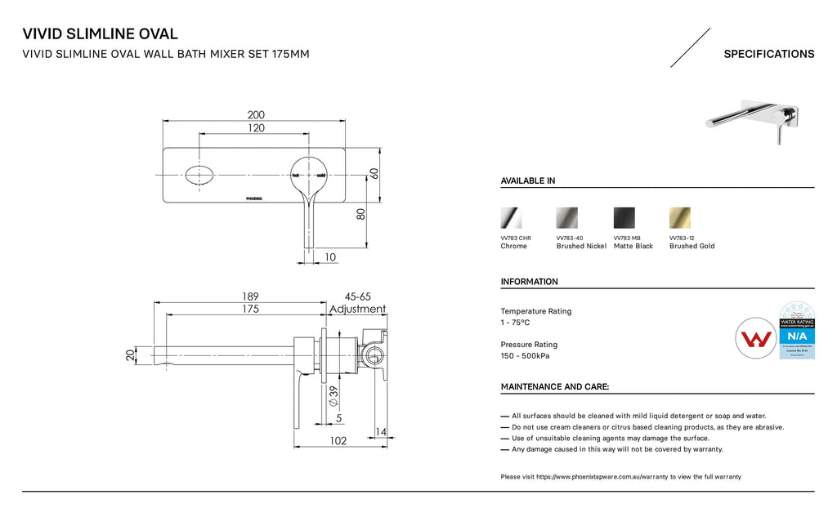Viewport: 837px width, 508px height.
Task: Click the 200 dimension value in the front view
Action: pyautogui.click(x=256, y=114)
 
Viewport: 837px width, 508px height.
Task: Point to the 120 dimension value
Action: pyautogui.click(x=256, y=129)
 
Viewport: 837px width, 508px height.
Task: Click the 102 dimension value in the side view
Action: pyautogui.click(x=338, y=441)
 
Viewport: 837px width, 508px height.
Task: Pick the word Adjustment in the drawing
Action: pyautogui.click(x=357, y=310)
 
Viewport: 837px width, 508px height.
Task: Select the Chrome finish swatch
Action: pyautogui.click(x=511, y=218)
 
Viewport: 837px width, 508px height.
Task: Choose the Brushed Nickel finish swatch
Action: pyautogui.click(x=566, y=218)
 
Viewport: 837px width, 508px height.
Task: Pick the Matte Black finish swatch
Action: pyautogui.click(x=624, y=218)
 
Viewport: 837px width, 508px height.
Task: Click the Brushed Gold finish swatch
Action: pyautogui.click(x=679, y=218)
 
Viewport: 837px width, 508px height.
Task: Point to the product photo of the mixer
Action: pyautogui.click(x=752, y=119)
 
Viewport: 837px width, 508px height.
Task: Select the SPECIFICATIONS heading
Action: pyautogui.click(x=768, y=55)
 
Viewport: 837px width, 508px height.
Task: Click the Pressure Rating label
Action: pyautogui.click(x=529, y=345)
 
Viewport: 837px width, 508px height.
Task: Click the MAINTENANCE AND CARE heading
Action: pyautogui.click(x=554, y=387)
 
